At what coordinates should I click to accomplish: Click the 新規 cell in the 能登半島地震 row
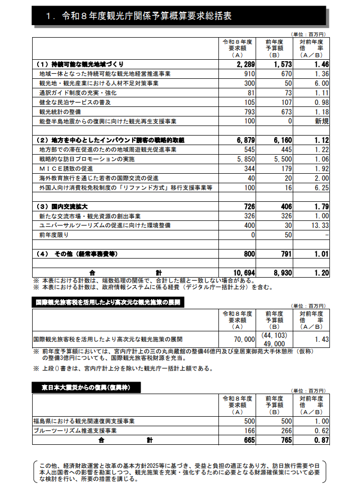(321, 121)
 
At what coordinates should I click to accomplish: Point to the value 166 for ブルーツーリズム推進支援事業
(249, 431)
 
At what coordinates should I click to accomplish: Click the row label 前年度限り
(54, 235)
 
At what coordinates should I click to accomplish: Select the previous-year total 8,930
(280, 273)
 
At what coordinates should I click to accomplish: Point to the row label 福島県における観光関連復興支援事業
(84, 421)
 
